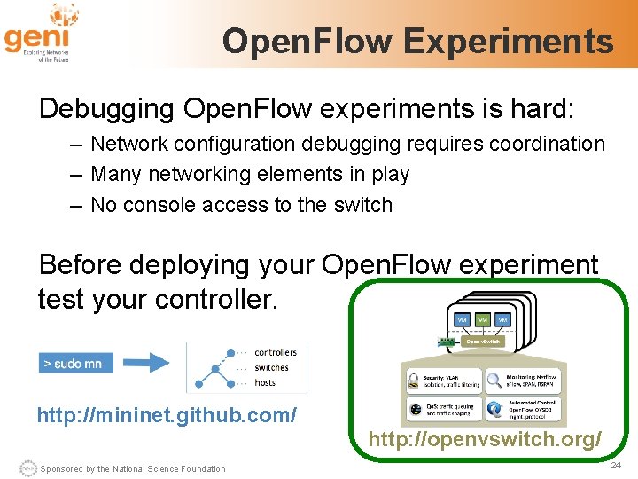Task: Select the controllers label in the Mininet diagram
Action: (275, 352)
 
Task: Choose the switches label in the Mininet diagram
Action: (271, 367)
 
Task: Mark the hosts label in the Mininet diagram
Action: (264, 383)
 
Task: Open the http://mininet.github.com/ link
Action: (167, 414)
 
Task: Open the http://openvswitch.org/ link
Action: (485, 439)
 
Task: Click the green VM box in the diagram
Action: (483, 319)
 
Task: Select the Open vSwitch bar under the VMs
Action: (484, 341)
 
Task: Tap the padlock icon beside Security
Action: (413, 381)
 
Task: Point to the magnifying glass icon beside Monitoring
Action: (494, 381)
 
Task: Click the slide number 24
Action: (615, 465)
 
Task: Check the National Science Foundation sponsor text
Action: (133, 468)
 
